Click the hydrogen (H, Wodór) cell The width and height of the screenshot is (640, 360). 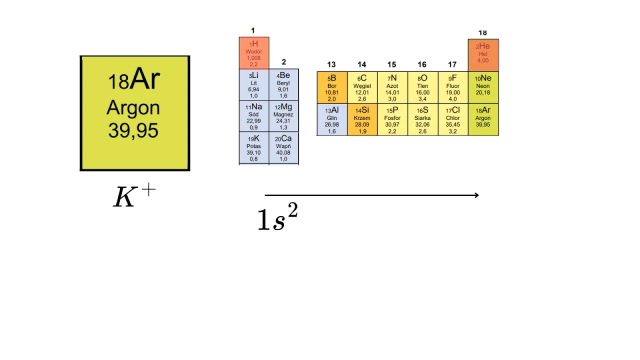point(254,53)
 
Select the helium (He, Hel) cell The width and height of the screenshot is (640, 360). point(483,55)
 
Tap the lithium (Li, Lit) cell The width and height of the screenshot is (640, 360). point(254,84)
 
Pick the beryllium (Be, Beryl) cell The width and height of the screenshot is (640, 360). point(283,84)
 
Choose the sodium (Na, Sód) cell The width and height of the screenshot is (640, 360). point(254,116)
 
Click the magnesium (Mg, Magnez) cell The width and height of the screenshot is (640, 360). point(283,116)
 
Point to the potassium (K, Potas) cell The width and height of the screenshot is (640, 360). point(254,148)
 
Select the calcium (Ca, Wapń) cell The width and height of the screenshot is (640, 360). point(283,148)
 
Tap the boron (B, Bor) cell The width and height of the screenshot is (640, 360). point(332,87)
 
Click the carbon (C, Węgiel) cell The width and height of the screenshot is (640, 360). point(362,87)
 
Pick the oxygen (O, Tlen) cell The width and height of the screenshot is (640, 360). point(422,87)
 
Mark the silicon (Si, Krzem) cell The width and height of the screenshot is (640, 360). point(362,119)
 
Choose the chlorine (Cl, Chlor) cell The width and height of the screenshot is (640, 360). point(453,119)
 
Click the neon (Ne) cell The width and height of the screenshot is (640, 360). point(483,87)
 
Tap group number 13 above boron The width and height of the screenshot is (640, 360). point(331,64)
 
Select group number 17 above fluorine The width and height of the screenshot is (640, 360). point(452,64)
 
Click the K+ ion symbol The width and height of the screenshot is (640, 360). point(134,196)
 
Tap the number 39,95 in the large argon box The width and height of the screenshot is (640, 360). point(133,130)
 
